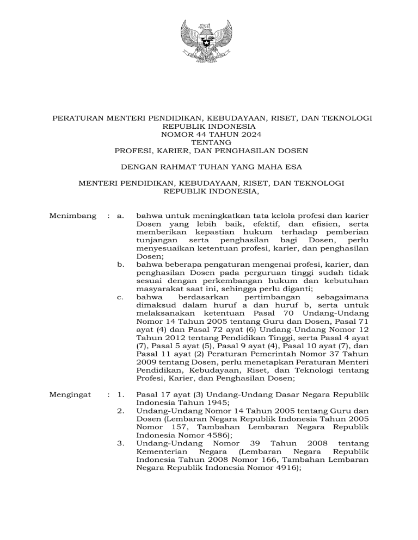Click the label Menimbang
[x=73, y=216]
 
